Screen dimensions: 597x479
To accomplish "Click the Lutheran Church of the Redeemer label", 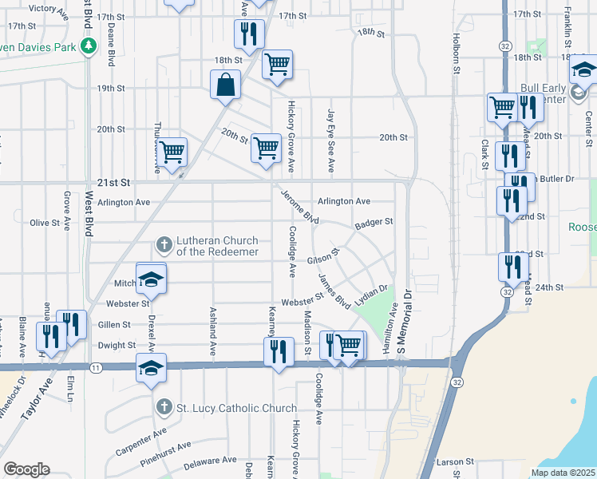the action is coord(216,246).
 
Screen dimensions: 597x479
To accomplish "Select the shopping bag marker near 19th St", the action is coord(226,84).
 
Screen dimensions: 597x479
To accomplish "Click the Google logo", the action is coord(26,469).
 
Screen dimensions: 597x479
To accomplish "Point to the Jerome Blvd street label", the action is coord(300,207).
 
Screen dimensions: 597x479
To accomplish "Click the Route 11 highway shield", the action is coord(96,367).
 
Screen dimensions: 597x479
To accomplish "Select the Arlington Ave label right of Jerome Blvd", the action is coord(344,201).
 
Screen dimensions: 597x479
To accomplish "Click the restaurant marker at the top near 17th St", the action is coord(248,34).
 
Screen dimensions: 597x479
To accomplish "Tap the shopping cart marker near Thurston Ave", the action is coord(172,151).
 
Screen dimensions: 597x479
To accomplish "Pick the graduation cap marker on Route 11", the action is coord(151,369).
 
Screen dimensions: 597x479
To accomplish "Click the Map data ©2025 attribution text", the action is coord(563,473).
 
